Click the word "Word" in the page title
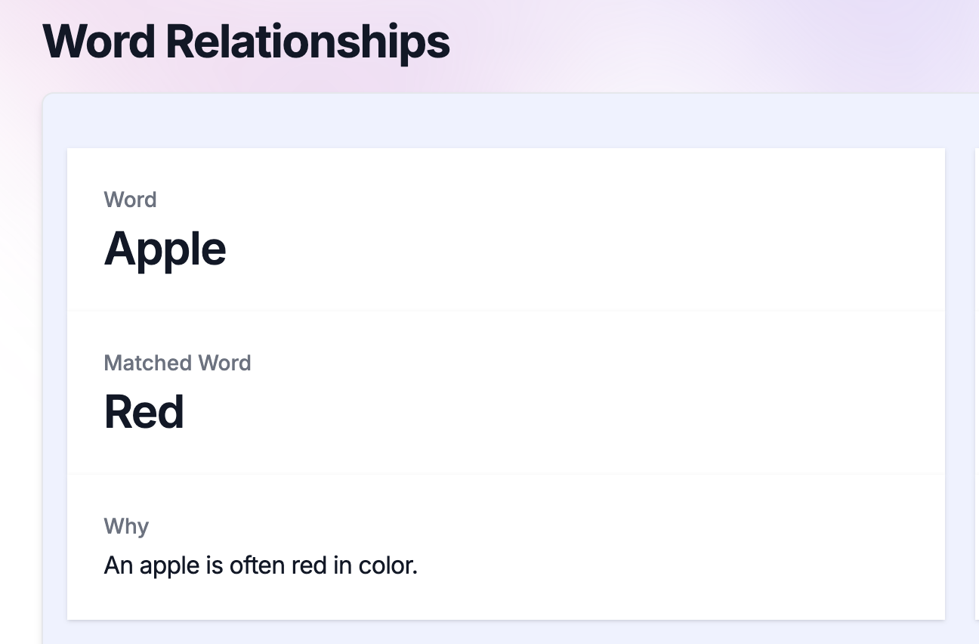click(99, 42)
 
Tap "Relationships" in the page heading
click(307, 44)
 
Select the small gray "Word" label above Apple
click(130, 200)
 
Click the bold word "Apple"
click(165, 250)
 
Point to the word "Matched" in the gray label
click(148, 363)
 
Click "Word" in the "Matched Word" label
click(224, 363)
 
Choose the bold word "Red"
click(144, 411)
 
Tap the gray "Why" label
click(126, 527)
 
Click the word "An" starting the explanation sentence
click(119, 565)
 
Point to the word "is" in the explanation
click(215, 565)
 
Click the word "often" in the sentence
click(257, 565)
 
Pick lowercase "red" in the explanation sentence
click(309, 565)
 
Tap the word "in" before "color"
click(343, 565)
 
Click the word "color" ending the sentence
click(384, 565)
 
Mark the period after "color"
click(414, 572)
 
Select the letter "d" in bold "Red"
click(169, 411)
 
